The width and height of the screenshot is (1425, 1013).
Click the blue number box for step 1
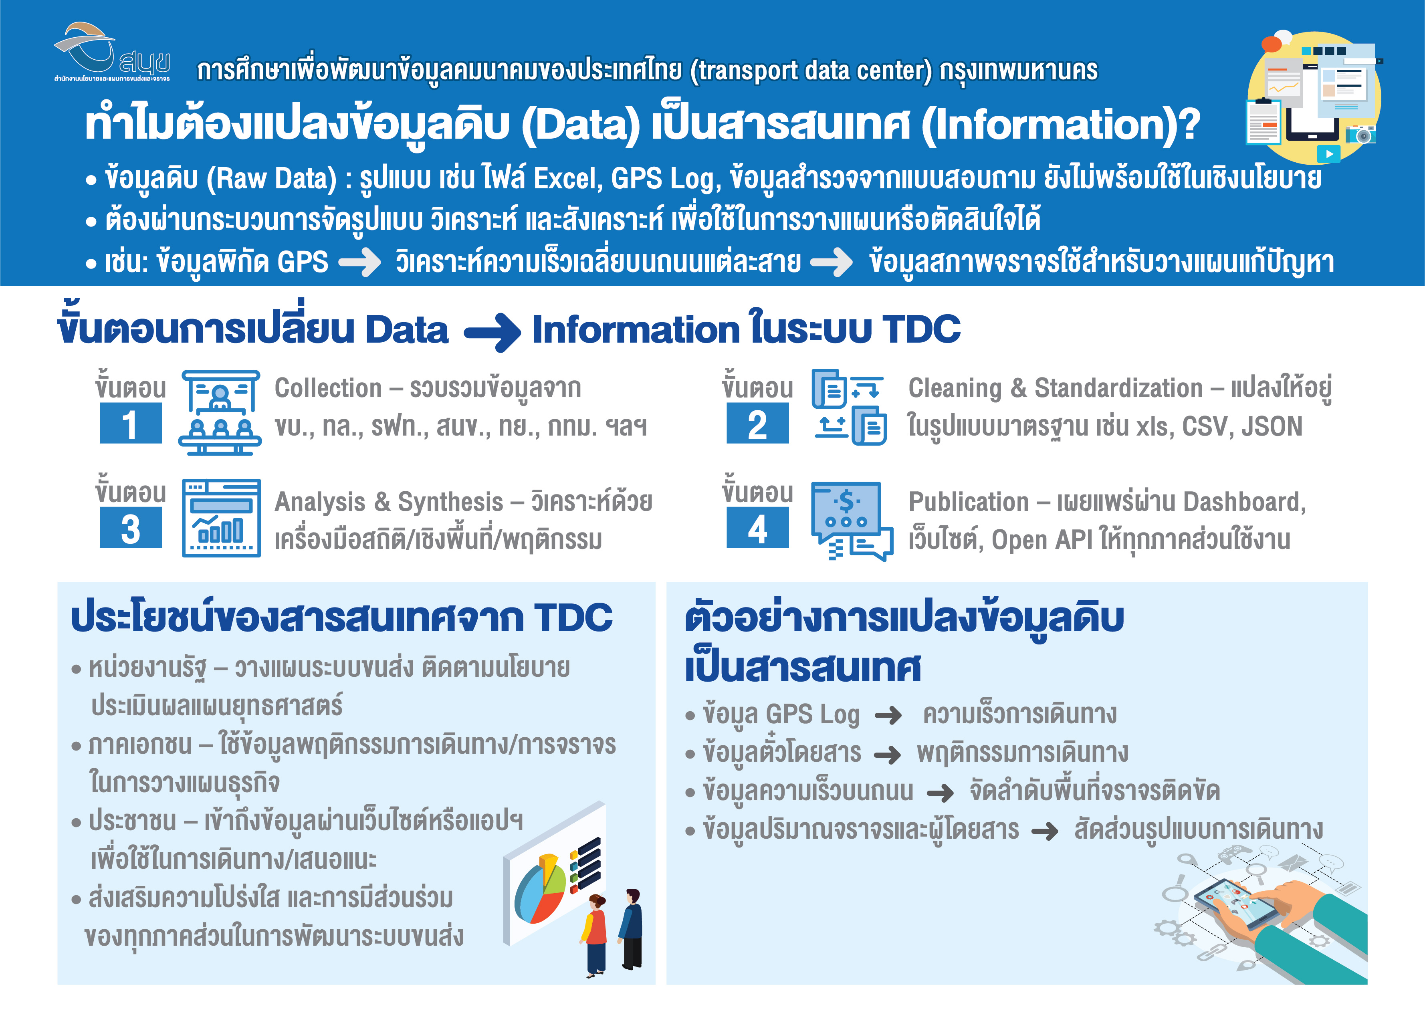coord(130,423)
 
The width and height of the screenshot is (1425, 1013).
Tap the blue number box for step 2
coord(757,423)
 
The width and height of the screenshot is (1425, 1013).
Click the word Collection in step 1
coord(328,388)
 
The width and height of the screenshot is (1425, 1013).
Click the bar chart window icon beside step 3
coord(221,518)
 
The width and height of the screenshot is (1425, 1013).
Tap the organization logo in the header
coord(112,52)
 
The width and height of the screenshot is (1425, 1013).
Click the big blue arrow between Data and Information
coord(492,331)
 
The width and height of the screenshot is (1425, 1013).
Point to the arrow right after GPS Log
coord(888,715)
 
